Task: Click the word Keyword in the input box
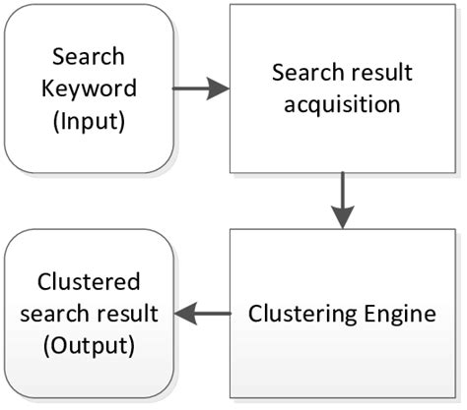(88, 88)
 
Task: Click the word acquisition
(342, 103)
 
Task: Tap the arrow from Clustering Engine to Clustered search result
(202, 314)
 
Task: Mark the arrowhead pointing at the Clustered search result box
(183, 314)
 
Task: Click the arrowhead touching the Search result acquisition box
(221, 89)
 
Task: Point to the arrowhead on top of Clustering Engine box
(342, 219)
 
